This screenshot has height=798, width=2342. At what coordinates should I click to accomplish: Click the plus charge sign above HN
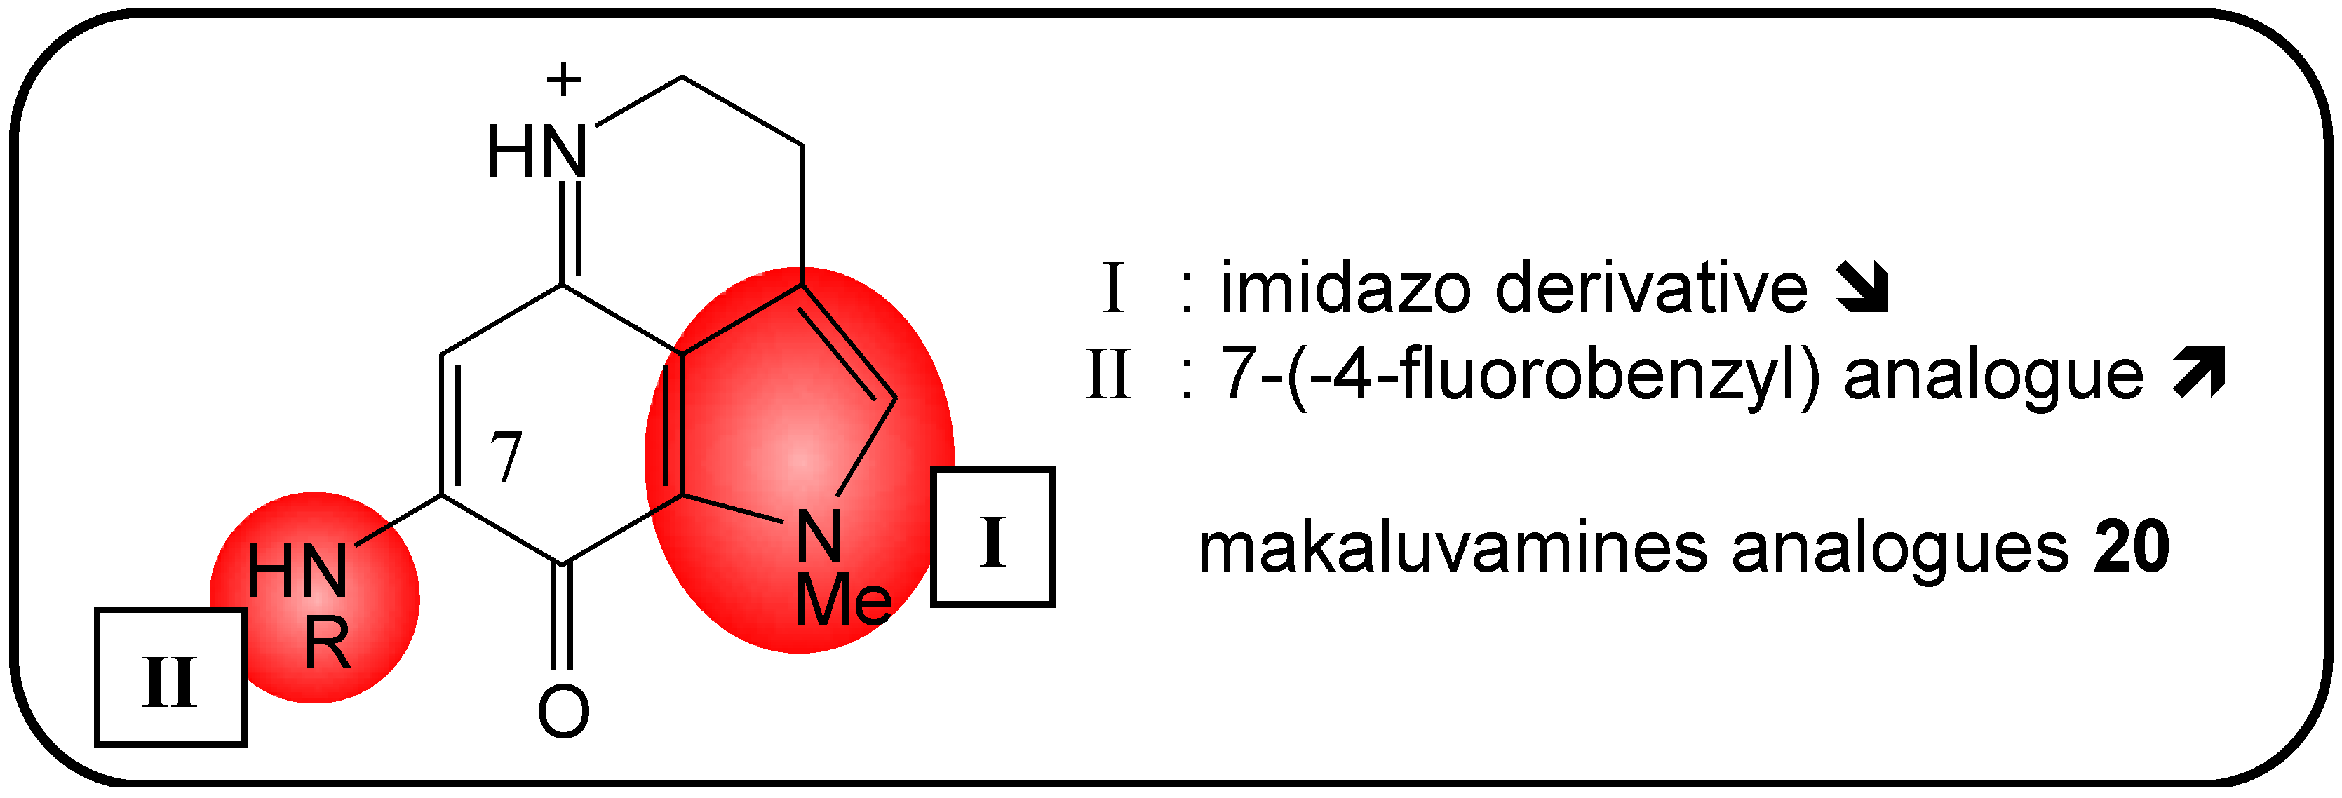(x=564, y=79)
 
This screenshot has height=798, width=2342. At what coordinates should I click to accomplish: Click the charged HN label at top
(x=537, y=153)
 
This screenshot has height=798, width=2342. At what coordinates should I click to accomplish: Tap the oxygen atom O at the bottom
(x=564, y=712)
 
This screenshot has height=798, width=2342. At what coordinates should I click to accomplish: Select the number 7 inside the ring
(x=506, y=457)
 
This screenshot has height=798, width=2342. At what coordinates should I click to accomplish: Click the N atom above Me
(x=819, y=536)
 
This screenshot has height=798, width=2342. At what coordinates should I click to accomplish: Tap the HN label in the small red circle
(x=297, y=573)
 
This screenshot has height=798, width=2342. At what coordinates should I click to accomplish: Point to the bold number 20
(x=2131, y=548)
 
